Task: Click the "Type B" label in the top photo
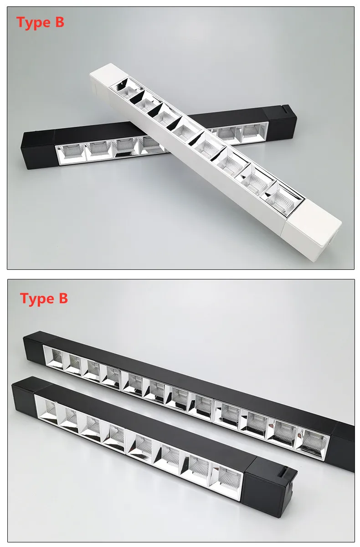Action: pyautogui.click(x=40, y=23)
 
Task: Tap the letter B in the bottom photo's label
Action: pyautogui.click(x=63, y=298)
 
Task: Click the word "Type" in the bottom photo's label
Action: pyautogui.click(x=37, y=299)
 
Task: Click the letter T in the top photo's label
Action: pyautogui.click(x=21, y=22)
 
